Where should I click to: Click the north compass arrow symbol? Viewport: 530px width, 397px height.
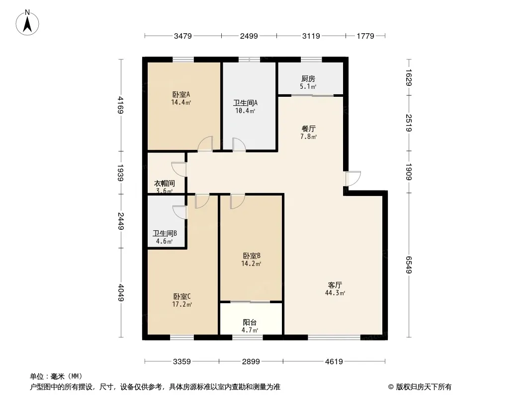point(28,22)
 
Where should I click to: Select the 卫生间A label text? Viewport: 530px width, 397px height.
point(246,103)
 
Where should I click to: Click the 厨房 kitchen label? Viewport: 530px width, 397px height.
point(308,78)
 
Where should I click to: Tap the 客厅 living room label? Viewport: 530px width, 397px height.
point(335,285)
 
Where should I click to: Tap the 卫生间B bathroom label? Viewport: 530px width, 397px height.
point(162,234)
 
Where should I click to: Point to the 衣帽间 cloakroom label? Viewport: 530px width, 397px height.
point(163,183)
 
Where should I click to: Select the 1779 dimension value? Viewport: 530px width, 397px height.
point(365,36)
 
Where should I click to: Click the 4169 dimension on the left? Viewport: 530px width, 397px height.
point(120,105)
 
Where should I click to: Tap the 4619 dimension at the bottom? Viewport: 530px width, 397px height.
point(334,361)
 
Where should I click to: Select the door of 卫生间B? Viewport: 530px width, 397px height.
point(179,212)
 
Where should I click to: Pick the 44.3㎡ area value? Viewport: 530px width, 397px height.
point(336,293)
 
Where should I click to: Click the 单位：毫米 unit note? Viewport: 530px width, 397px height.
point(56,376)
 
